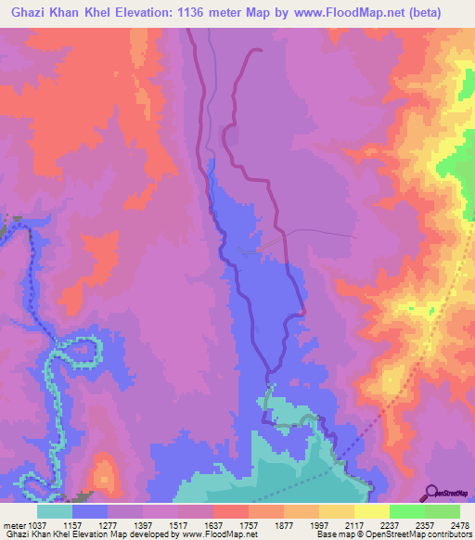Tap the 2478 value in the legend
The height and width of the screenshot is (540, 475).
coord(459,524)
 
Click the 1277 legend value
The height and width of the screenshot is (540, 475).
coord(107,524)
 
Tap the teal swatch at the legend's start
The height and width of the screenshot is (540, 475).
coord(55,511)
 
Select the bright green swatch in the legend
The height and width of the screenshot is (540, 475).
coord(407,511)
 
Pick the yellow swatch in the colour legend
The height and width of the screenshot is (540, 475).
coord(372,511)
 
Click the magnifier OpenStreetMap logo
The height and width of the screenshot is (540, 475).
coord(431,493)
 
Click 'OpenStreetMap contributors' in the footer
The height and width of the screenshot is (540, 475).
coord(417,534)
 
